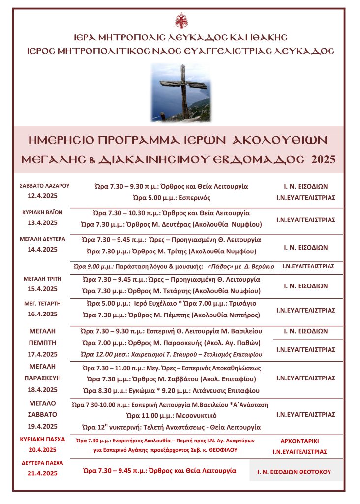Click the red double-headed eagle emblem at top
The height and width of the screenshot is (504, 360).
coord(180,21)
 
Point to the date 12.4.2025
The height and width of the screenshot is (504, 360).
coord(44,196)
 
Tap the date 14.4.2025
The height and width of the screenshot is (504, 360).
coord(44,249)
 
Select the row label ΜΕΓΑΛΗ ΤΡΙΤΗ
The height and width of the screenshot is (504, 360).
coord(44,279)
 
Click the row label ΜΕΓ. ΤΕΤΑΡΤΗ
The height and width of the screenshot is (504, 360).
coord(44,303)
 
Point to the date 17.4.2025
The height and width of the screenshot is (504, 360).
coord(44,354)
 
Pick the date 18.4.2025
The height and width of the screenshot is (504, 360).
coord(44,390)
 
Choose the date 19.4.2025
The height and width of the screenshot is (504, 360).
coord(44,426)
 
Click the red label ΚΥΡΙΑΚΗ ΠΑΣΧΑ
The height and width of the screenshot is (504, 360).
coord(44,439)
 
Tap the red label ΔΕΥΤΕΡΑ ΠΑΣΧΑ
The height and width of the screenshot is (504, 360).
coord(44,463)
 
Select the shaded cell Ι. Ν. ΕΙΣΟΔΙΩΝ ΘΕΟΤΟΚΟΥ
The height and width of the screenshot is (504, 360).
coord(294,472)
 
